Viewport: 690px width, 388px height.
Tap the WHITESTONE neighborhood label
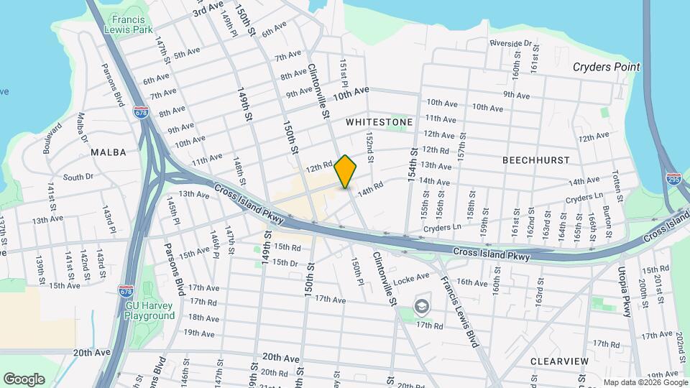coord(379,122)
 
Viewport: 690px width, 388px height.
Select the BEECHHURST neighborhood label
coord(535,160)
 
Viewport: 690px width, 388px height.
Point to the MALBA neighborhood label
coord(109,152)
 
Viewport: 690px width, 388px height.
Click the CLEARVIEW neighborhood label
coord(559,361)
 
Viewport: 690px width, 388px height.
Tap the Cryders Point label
coord(606,67)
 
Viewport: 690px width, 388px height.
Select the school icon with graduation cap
coord(423,308)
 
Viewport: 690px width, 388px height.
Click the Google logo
coord(24,379)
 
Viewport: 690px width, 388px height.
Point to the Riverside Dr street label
coord(511,43)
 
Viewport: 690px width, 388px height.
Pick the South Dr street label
coord(78,176)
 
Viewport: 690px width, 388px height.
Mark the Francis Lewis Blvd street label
coord(459,313)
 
